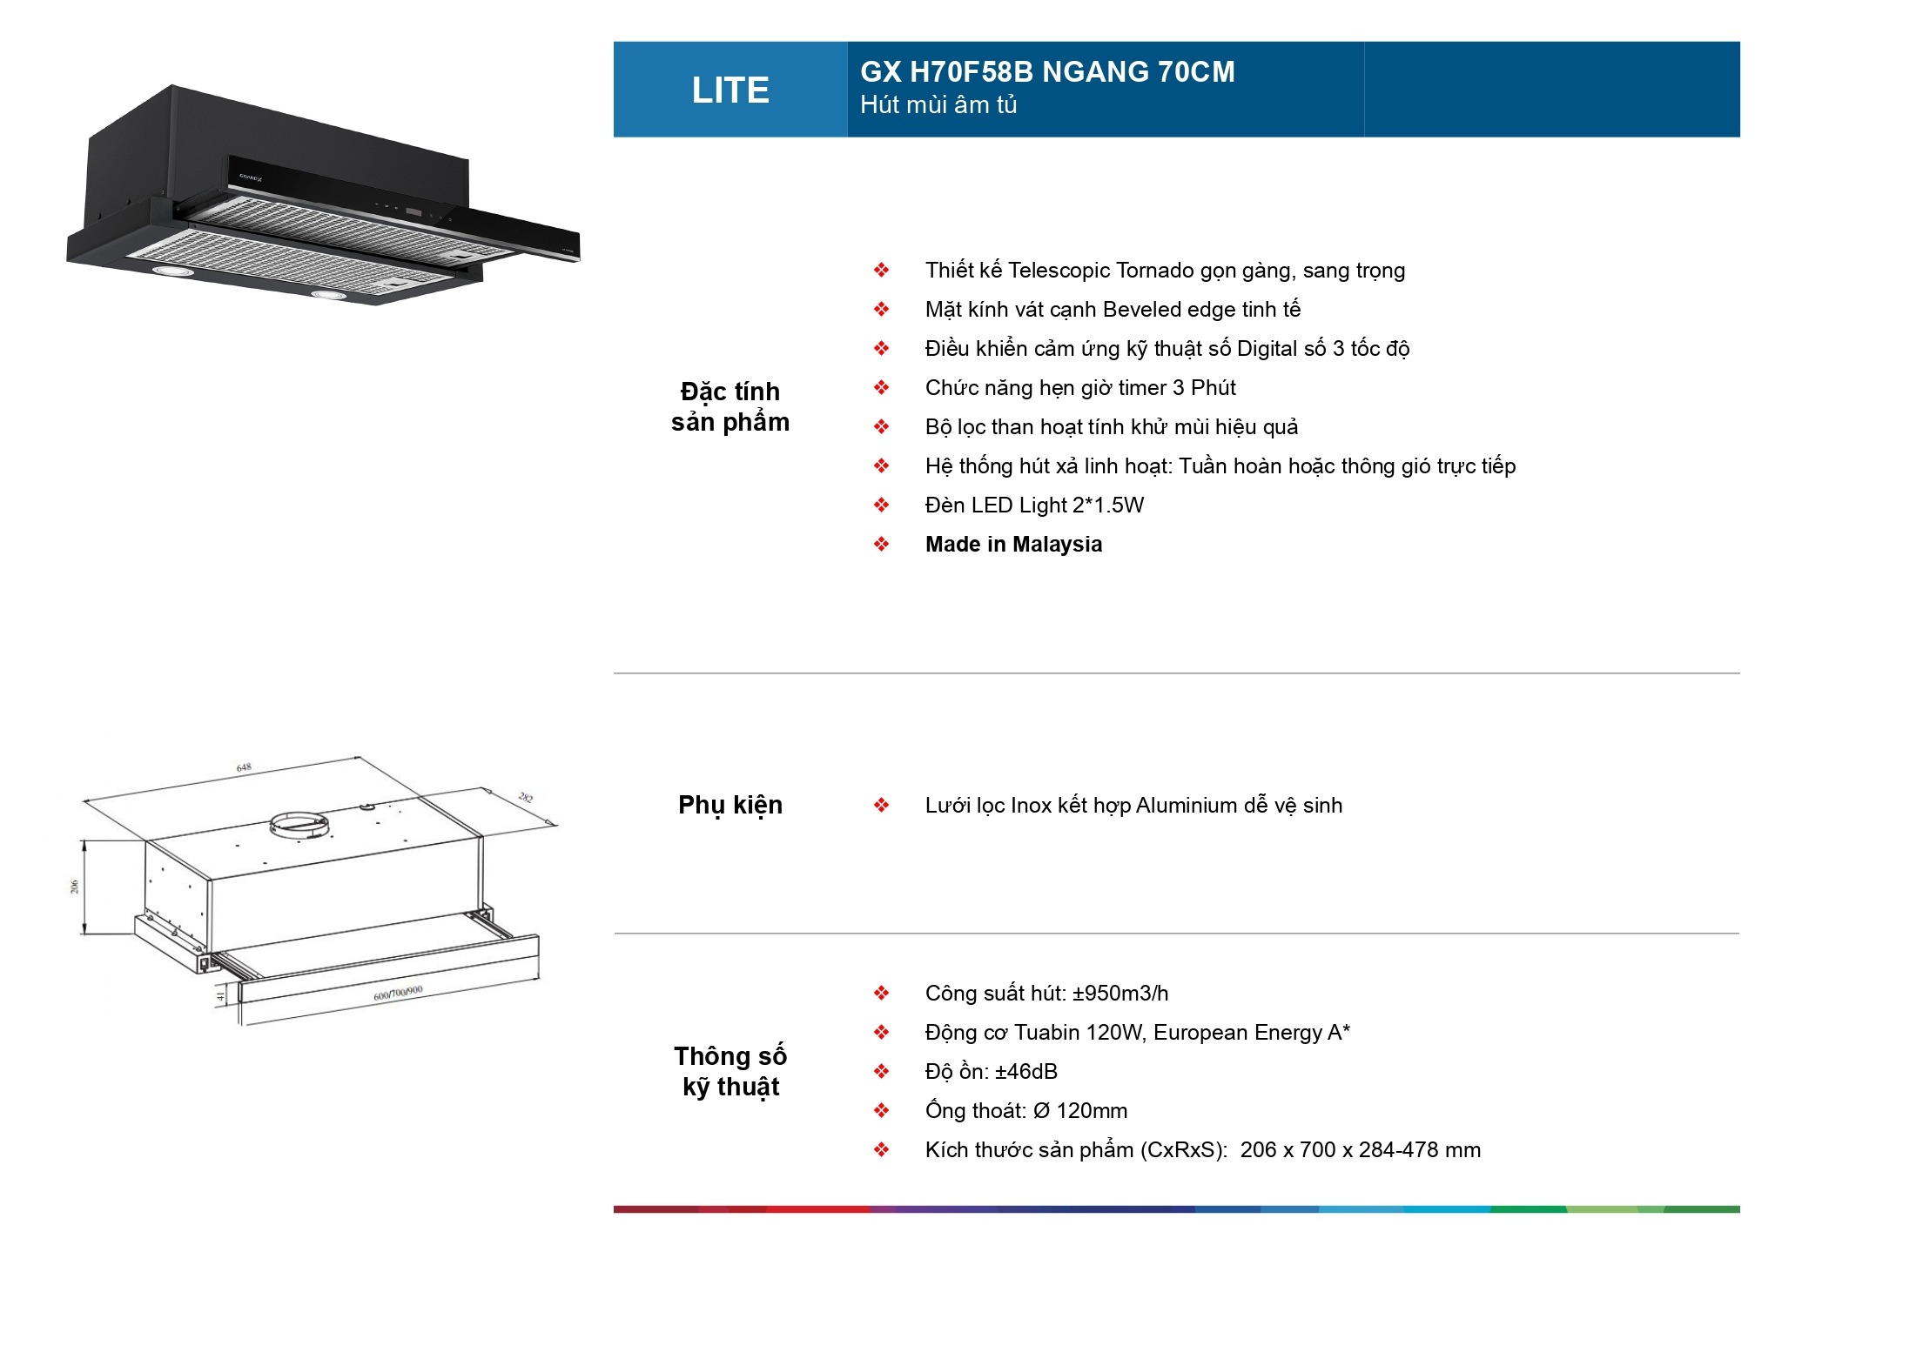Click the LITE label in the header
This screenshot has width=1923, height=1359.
(730, 90)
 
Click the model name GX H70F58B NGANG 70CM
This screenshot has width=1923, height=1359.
(1047, 71)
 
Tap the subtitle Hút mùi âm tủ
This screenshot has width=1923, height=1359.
(938, 104)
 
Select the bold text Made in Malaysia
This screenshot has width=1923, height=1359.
(1013, 544)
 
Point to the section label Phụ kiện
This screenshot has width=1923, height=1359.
(730, 805)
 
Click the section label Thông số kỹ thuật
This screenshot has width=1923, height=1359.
(730, 1071)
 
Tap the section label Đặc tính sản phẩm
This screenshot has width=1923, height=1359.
(730, 406)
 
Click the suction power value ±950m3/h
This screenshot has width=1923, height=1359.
(1120, 993)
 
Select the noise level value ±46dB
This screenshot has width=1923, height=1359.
(1026, 1071)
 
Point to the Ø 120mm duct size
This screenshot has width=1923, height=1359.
(1079, 1110)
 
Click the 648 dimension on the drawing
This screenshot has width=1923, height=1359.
(244, 767)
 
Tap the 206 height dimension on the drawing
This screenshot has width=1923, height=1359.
(75, 887)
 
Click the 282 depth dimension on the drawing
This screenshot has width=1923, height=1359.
(526, 796)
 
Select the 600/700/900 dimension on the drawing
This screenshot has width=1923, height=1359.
(398, 993)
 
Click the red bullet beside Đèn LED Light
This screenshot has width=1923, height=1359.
(882, 505)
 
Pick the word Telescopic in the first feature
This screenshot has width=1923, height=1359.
(1057, 271)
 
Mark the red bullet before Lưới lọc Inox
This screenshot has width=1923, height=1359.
(882, 805)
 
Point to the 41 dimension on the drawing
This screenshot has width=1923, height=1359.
(221, 995)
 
